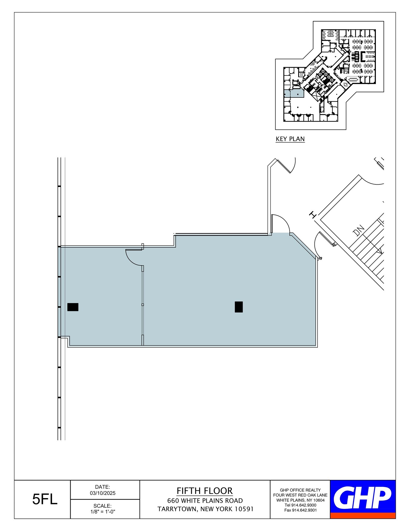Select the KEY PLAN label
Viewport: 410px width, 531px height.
(290, 139)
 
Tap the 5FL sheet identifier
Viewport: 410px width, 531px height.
(45, 500)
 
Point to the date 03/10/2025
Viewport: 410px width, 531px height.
(103, 493)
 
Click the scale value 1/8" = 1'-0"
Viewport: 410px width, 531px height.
(103, 512)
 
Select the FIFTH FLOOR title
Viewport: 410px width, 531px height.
(205, 491)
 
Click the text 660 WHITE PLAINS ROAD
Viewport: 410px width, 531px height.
(205, 501)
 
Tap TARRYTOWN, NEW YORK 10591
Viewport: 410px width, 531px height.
(205, 509)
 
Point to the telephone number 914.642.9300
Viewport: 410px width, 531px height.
(300, 505)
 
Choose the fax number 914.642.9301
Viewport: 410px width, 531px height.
(300, 510)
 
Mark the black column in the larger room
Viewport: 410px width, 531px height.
(239, 307)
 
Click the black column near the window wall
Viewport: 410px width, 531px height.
(73, 307)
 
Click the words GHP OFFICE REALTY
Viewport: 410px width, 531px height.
(300, 490)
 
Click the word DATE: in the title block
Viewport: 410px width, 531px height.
(103, 487)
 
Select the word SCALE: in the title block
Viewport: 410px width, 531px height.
(103, 506)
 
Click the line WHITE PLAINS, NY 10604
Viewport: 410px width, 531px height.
(300, 500)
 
